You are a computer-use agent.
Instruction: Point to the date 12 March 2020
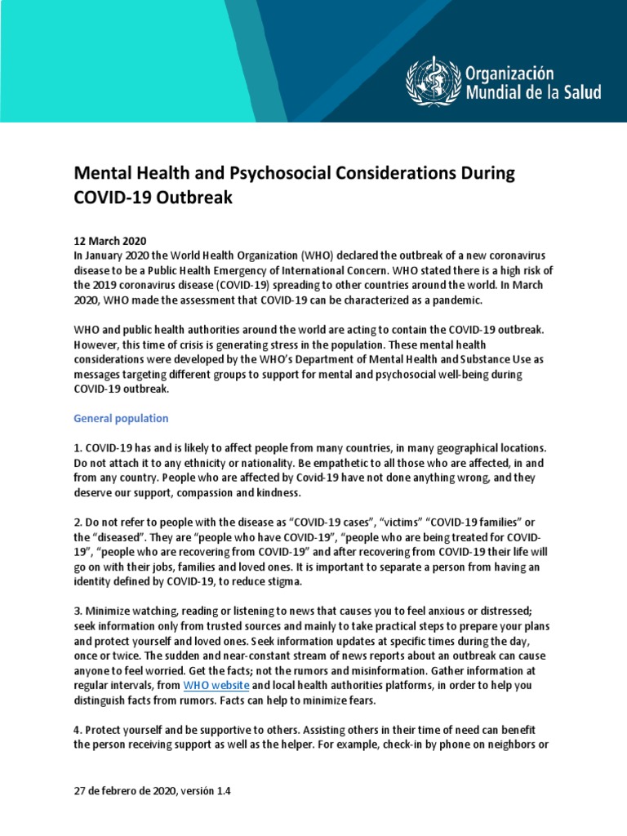pos(110,241)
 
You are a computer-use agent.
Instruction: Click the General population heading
pos(121,418)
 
